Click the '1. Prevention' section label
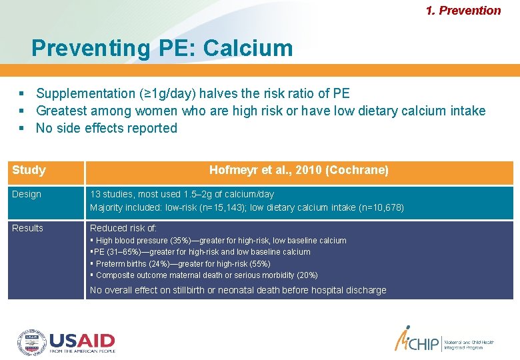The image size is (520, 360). click(x=463, y=11)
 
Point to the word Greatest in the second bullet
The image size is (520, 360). click(x=61, y=111)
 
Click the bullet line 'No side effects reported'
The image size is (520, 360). click(x=107, y=128)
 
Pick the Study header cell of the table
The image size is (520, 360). click(x=29, y=171)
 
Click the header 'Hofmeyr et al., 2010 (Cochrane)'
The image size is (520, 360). click(x=299, y=171)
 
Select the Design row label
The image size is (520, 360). click(x=27, y=194)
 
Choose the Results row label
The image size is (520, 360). click(x=27, y=228)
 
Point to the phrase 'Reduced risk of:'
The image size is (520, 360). click(x=123, y=228)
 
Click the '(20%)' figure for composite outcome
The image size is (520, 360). click(x=307, y=275)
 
